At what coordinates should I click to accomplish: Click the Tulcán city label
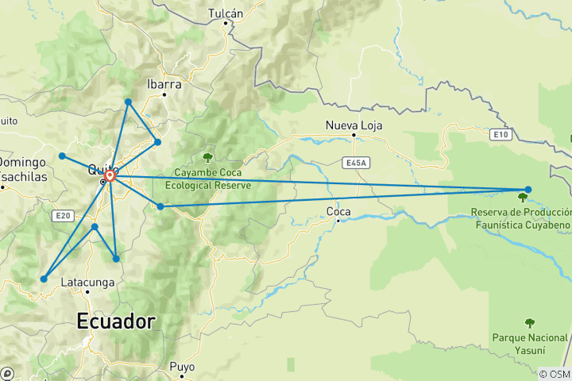(225, 13)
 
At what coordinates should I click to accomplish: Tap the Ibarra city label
(164, 84)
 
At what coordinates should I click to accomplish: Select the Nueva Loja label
(354, 125)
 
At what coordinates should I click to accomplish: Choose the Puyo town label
(182, 367)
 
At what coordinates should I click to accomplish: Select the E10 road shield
(500, 135)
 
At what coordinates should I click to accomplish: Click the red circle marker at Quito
(110, 175)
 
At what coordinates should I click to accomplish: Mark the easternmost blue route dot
(528, 189)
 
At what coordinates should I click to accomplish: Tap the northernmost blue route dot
(128, 102)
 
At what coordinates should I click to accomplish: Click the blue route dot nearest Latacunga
(44, 279)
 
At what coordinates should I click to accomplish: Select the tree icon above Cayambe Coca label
(208, 157)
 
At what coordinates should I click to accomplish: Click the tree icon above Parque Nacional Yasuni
(530, 322)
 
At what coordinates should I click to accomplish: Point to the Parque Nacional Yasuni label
(530, 344)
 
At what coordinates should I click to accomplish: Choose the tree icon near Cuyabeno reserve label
(522, 197)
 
